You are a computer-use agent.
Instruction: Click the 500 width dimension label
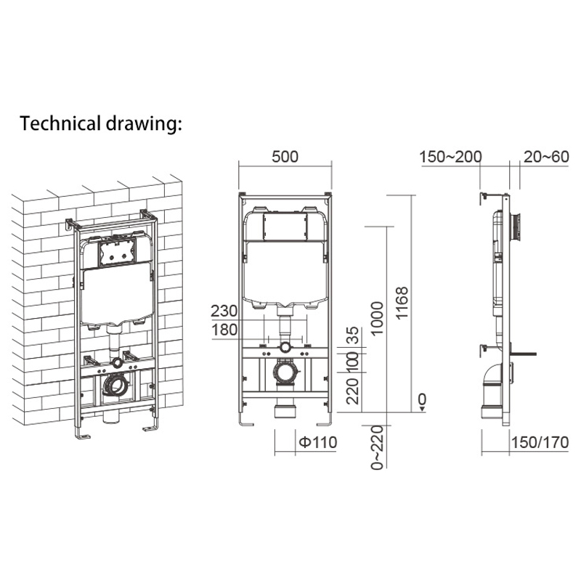coord(285,157)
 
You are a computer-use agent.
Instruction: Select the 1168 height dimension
coord(402,302)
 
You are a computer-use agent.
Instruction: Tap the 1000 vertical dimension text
coord(376,319)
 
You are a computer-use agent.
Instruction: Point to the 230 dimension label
coord(224,311)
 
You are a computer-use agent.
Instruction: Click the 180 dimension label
coord(224,330)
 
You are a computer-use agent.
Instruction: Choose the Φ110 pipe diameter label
coord(318,442)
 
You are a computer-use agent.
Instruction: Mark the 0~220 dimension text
coord(377,447)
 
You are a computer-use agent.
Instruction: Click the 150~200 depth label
coord(450,157)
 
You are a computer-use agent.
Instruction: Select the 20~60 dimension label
coord(546,157)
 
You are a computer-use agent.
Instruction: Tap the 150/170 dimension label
coord(540,442)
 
